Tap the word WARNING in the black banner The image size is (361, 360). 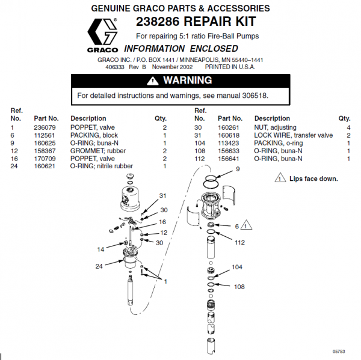(x=188, y=81)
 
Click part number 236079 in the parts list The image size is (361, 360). (x=45, y=128)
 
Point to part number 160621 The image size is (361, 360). (x=45, y=166)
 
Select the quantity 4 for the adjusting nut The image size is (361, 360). (x=348, y=128)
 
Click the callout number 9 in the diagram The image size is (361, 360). (x=238, y=169)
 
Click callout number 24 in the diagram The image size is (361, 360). (x=98, y=266)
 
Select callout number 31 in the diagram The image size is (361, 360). (x=162, y=195)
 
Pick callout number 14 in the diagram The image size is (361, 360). (x=100, y=249)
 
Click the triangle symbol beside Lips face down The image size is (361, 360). (x=280, y=178)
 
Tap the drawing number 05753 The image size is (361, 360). (x=339, y=351)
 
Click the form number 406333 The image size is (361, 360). (x=115, y=67)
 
